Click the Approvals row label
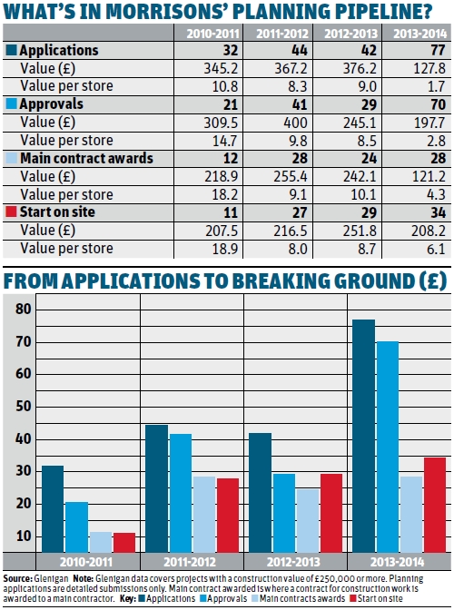[x=47, y=104]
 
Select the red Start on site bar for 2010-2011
[x=125, y=541]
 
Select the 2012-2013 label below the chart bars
[x=296, y=561]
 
